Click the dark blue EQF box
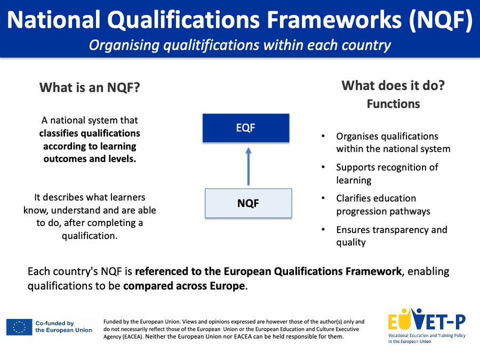click(246, 128)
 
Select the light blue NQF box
click(248, 203)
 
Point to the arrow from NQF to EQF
click(248, 166)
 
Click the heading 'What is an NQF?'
click(90, 87)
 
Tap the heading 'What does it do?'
click(393, 85)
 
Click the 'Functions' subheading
click(394, 104)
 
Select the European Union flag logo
click(19, 327)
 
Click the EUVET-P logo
click(427, 326)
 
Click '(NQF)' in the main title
click(441, 20)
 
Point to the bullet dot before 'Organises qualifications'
click(323, 136)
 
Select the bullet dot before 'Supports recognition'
click(323, 167)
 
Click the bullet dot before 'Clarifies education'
click(323, 198)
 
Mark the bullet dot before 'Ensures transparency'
click(323, 229)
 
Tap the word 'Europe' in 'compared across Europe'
click(227, 286)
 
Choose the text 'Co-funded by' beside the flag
click(54, 323)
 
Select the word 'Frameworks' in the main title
click(334, 20)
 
